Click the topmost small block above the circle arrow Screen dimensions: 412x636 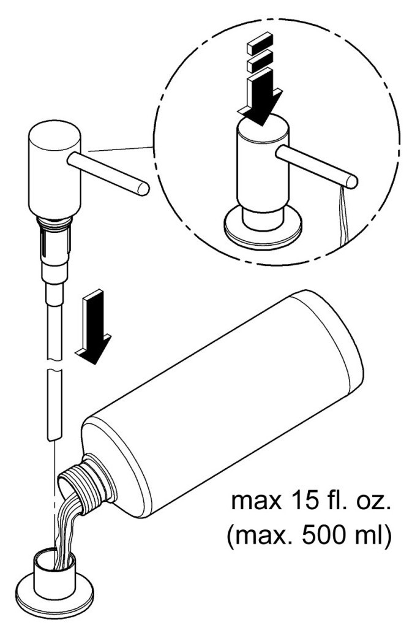point(260,42)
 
